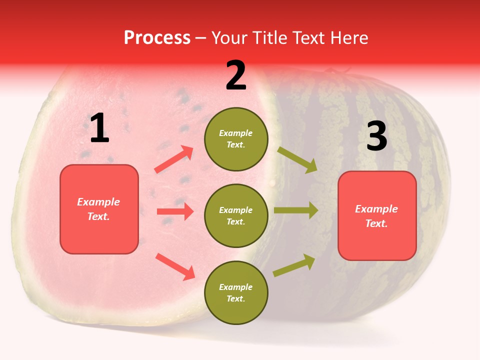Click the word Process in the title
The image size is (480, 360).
point(157,38)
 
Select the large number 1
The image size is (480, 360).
point(99,128)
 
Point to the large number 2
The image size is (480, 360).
point(236,75)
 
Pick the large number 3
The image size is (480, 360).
point(376,136)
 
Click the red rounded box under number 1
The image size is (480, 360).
point(99,209)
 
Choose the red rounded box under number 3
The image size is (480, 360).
point(377,216)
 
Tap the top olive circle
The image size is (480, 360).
point(236,139)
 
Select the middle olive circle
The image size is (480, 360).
point(236,215)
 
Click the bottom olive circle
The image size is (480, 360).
point(236,292)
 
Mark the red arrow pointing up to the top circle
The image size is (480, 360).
point(174,159)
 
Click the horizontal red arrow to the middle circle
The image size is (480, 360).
point(175,211)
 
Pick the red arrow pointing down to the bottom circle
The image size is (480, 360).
point(175,266)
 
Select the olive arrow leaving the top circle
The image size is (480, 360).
point(297,159)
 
